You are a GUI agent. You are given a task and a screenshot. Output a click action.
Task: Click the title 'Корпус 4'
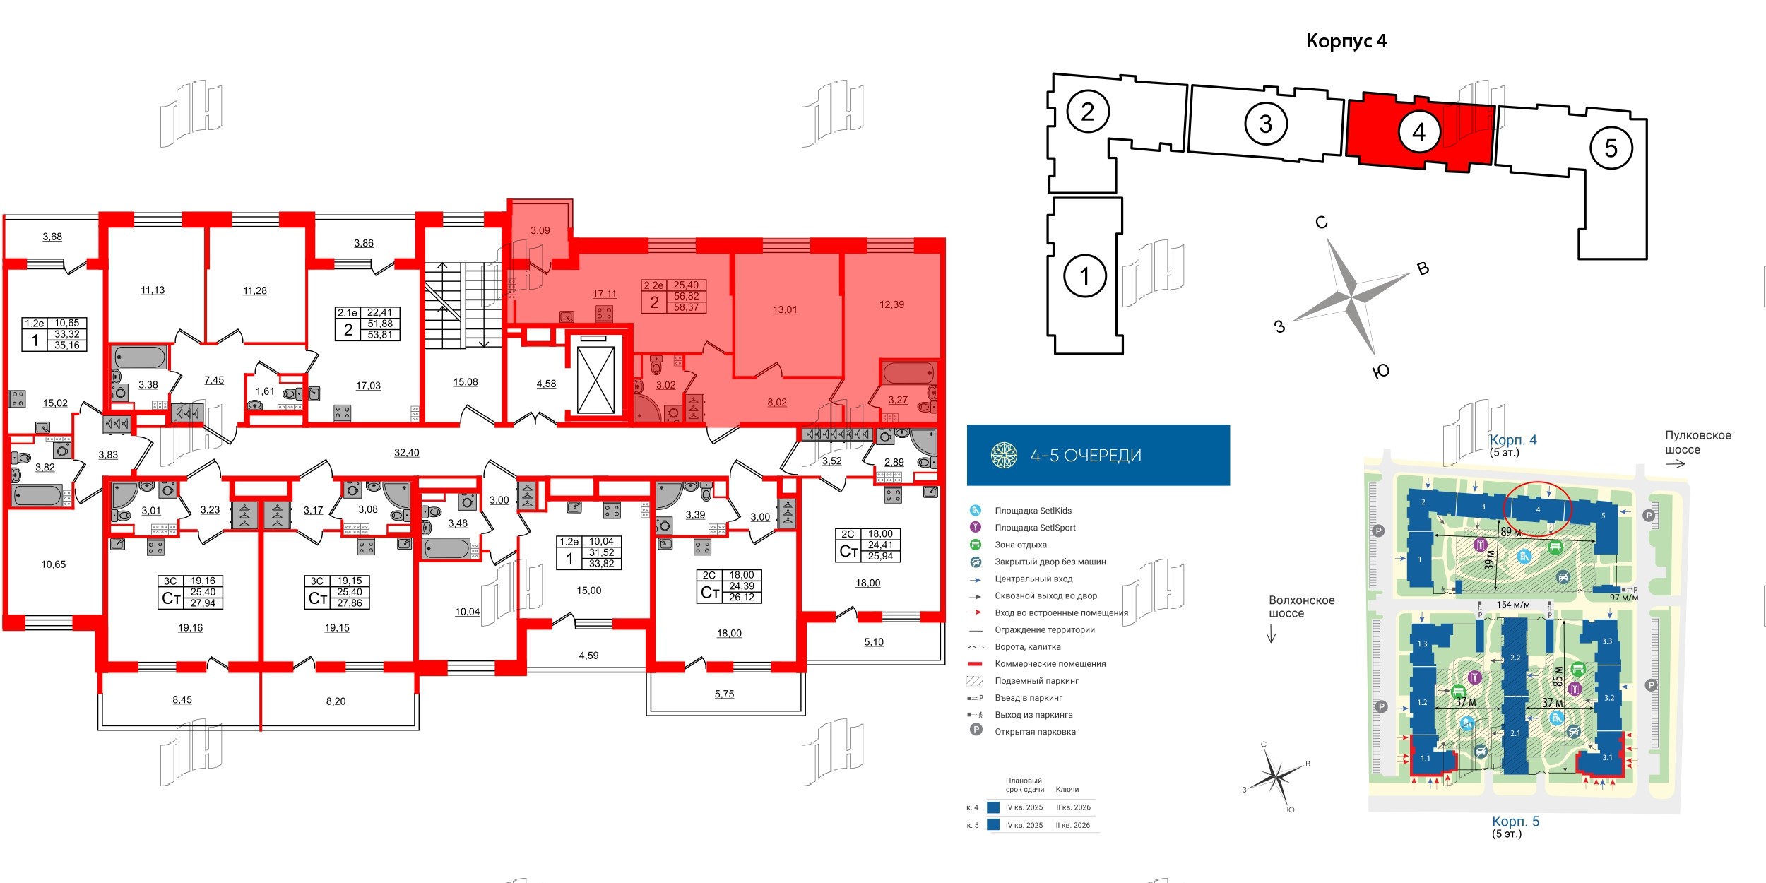click(x=1346, y=41)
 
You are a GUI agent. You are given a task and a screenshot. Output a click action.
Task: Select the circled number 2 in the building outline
click(x=1087, y=112)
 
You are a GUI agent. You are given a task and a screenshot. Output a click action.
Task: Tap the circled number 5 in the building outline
click(x=1611, y=148)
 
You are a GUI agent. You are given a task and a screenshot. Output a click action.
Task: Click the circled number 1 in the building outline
click(x=1084, y=275)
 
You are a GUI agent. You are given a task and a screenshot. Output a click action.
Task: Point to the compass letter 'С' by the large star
click(x=1321, y=223)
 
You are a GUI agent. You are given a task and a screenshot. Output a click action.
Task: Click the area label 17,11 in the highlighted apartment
click(x=604, y=294)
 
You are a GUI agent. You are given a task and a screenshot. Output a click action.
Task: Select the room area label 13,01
click(x=784, y=309)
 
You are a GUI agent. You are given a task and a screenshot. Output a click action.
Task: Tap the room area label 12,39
click(x=891, y=304)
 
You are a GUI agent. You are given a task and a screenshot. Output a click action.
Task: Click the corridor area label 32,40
click(x=406, y=453)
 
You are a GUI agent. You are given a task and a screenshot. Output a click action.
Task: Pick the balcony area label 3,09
click(x=540, y=230)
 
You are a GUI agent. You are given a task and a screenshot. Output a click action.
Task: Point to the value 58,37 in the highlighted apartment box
click(x=685, y=307)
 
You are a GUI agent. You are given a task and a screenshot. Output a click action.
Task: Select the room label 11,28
click(x=254, y=290)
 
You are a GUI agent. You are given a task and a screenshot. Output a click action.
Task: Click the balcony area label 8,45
click(x=182, y=699)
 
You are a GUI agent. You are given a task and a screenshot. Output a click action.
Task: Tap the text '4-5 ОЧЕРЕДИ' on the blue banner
click(x=1085, y=456)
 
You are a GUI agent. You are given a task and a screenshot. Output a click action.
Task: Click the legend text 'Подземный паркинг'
click(x=1036, y=681)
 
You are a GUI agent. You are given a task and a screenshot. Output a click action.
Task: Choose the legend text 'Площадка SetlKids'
click(x=1033, y=511)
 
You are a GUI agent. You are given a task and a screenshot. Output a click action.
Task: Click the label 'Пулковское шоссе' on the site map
click(x=1697, y=442)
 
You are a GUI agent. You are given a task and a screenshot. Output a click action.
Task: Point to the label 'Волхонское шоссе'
click(x=1301, y=607)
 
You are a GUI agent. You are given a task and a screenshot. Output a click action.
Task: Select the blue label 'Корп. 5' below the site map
click(x=1515, y=822)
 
